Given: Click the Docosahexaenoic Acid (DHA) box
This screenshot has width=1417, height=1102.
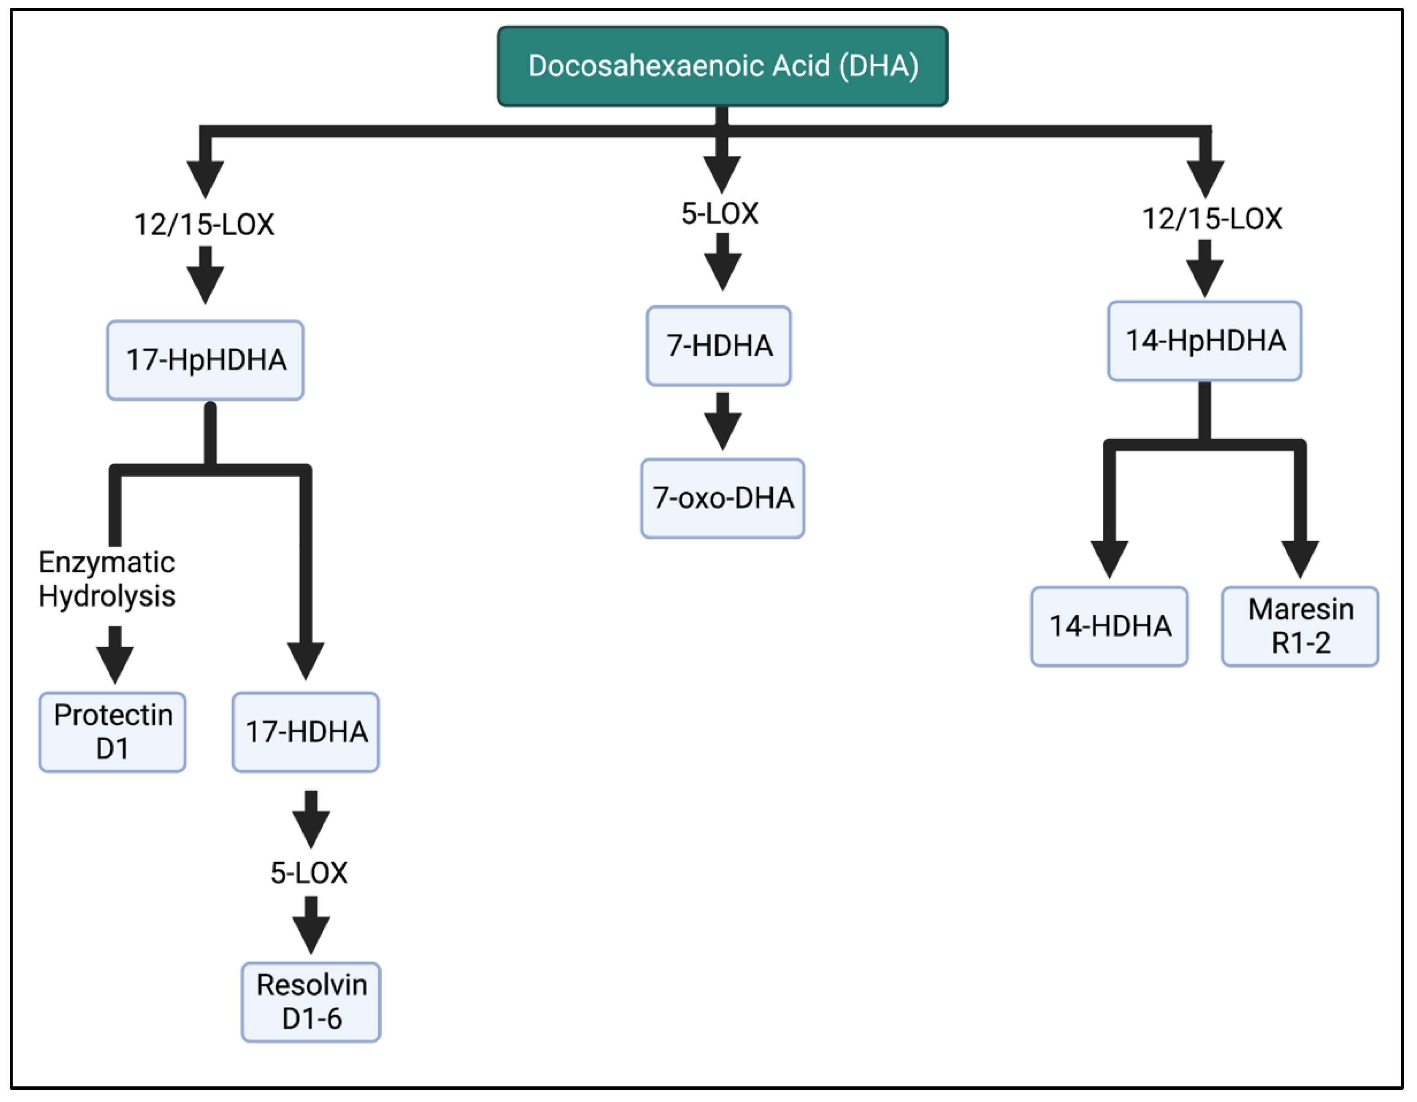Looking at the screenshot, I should pos(722,66).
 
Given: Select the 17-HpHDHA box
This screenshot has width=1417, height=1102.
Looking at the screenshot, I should pos(205,360).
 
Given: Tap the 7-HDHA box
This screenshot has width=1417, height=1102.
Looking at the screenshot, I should pos(719,346).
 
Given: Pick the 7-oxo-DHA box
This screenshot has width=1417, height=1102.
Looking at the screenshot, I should pos(723,498).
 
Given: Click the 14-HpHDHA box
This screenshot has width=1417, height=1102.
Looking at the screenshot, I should pos(1205,341).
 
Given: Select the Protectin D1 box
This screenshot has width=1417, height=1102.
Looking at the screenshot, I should pos(113,732).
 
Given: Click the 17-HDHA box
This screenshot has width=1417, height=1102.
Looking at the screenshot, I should pos(306,732).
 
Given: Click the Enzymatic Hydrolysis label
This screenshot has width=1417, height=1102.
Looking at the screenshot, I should pos(107,578).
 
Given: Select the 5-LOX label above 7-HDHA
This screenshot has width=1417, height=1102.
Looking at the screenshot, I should pos(719,213).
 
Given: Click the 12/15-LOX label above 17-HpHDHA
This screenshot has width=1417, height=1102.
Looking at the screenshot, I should pos(204,225).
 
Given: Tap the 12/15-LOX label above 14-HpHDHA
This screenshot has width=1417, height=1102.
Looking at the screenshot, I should pos(1212,219).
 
